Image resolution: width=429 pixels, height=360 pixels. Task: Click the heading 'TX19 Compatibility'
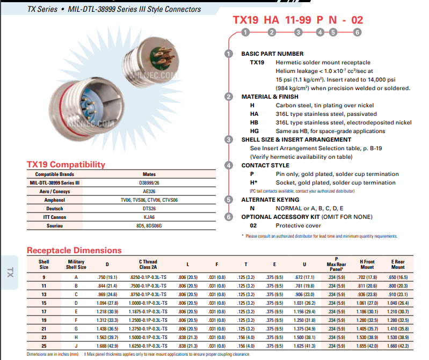pyautogui.click(x=66, y=165)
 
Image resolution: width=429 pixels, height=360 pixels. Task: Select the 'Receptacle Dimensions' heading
pyautogui.click(x=74, y=250)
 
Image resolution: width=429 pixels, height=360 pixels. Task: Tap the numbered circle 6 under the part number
pyautogui.click(x=358, y=33)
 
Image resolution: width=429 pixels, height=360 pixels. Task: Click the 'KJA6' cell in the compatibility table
pyautogui.click(x=149, y=217)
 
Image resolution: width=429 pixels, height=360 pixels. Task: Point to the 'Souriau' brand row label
pyautogui.click(x=54, y=226)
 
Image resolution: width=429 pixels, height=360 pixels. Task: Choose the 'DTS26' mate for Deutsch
pyautogui.click(x=149, y=209)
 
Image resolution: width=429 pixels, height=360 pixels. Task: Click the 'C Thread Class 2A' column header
pyautogui.click(x=148, y=265)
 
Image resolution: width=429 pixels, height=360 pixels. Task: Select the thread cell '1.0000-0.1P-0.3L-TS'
pyautogui.click(x=148, y=303)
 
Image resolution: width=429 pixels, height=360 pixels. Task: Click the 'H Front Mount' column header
pyautogui.click(x=367, y=265)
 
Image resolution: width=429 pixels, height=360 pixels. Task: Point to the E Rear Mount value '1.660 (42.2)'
pyautogui.click(x=398, y=346)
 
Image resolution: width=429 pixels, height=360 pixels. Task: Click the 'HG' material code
pyautogui.click(x=255, y=131)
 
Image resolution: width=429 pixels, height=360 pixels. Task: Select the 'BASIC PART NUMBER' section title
pyautogui.click(x=272, y=54)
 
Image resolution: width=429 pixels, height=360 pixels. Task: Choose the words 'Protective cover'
pyautogui.click(x=299, y=225)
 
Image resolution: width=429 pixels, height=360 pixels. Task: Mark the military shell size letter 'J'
pyautogui.click(x=76, y=346)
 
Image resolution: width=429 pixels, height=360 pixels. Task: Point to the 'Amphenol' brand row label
pyautogui.click(x=54, y=200)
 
